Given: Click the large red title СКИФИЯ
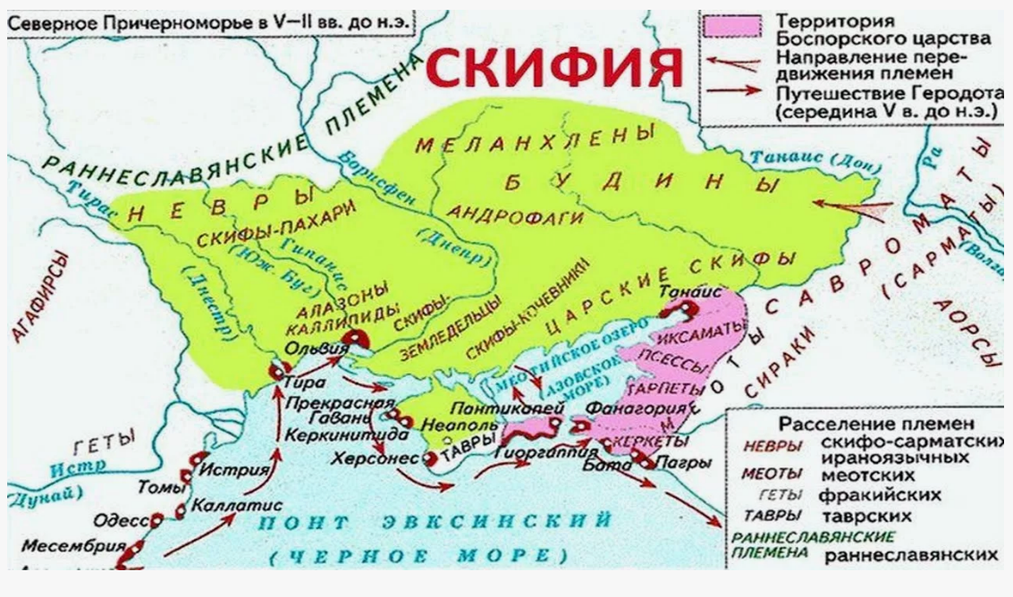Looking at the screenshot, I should point(554,70).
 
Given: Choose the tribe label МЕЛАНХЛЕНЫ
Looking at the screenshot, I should point(536,141).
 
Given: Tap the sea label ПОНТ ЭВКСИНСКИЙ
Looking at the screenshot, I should point(435,522).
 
